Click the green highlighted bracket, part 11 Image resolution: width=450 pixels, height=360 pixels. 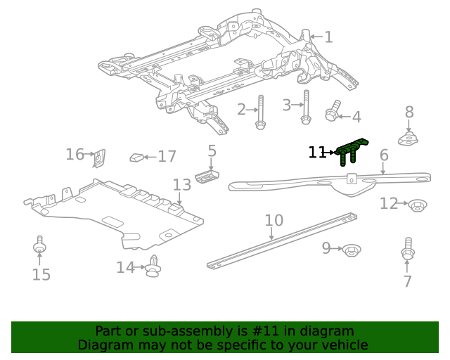point(351,150)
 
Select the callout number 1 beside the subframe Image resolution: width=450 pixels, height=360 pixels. point(328,37)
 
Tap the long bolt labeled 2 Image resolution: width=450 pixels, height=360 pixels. point(260,112)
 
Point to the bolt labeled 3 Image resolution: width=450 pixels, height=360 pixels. point(305,107)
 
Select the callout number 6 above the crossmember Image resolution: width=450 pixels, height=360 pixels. point(384,155)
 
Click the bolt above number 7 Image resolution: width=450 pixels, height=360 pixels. point(407,250)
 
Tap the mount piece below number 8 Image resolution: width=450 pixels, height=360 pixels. point(409,138)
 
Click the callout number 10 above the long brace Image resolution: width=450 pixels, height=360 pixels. point(274,221)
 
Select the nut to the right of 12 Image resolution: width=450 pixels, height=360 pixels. point(418,205)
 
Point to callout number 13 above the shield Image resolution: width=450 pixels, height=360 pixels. point(181,185)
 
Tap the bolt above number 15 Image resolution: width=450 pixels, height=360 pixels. point(40,247)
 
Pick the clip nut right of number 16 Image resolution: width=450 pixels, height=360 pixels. point(99,158)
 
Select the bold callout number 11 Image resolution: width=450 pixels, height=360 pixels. point(317,152)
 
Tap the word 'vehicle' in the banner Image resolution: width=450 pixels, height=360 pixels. point(344,345)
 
